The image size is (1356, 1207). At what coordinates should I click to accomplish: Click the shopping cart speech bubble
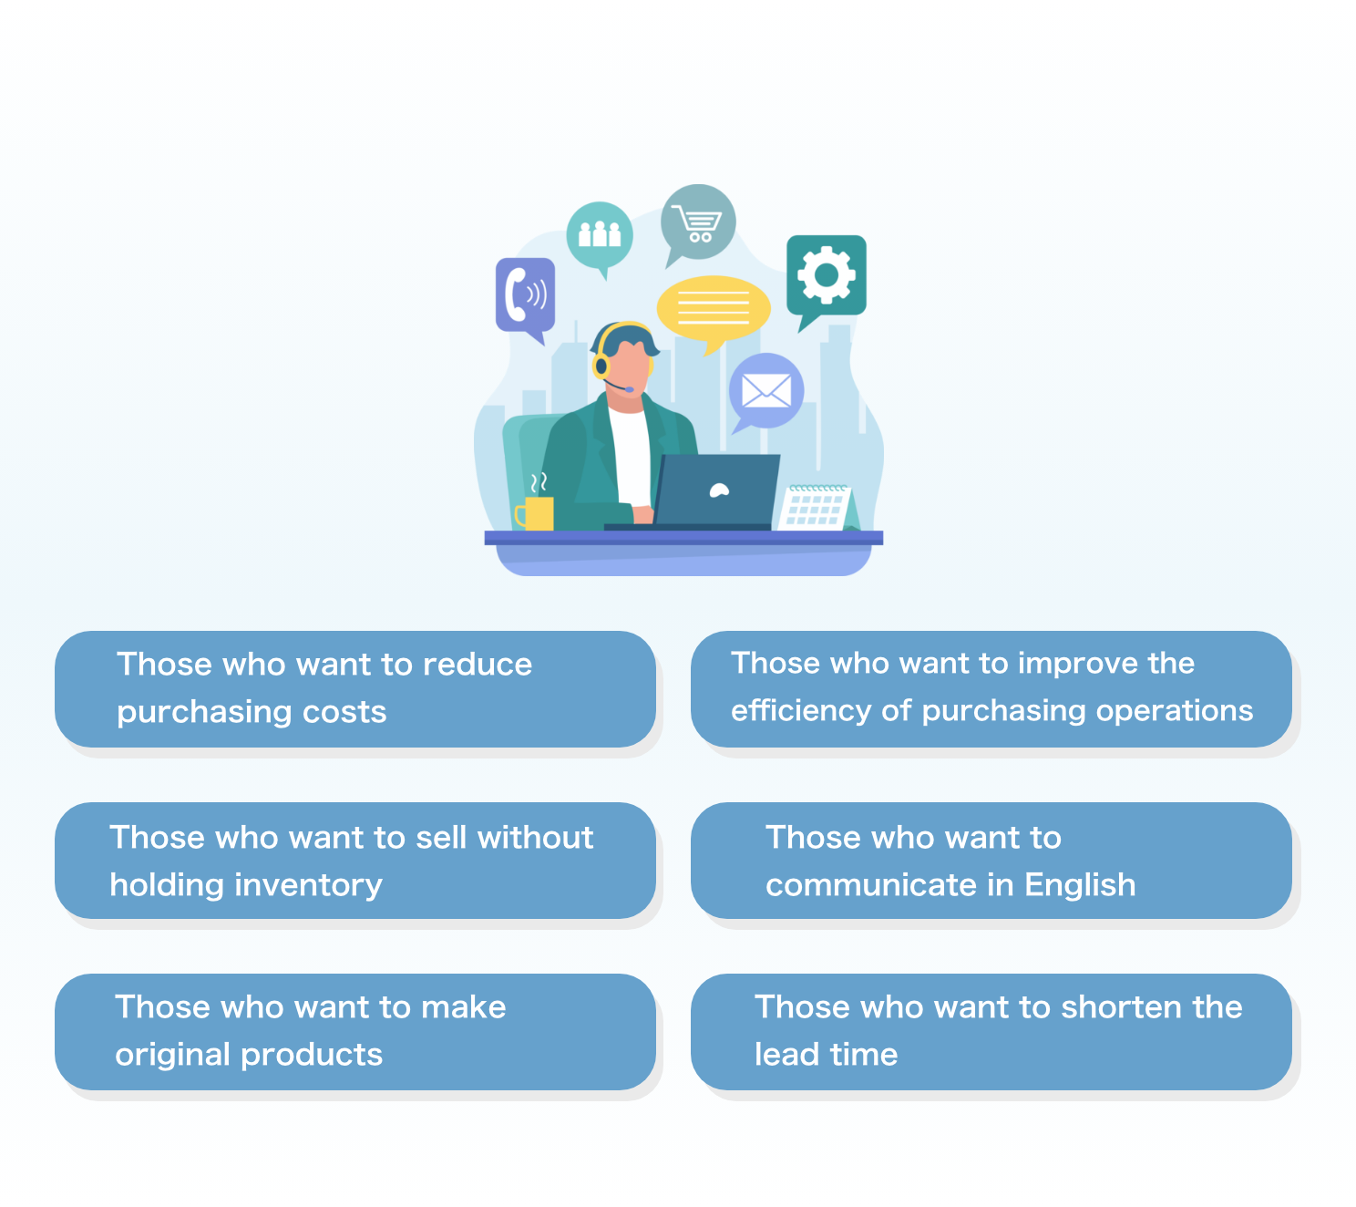tap(697, 222)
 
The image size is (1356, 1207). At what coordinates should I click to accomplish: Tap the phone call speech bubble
tap(525, 296)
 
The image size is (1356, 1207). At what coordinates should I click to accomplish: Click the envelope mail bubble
tap(765, 392)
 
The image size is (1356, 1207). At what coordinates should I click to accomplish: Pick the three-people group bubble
tap(599, 235)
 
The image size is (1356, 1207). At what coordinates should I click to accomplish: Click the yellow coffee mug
tap(536, 513)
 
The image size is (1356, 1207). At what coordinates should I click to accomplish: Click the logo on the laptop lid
tap(719, 490)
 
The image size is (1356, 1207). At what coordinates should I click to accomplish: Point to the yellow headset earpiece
tap(601, 366)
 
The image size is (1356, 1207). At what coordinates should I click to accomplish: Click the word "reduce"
tap(478, 665)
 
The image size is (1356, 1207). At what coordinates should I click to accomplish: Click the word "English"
tap(1080, 886)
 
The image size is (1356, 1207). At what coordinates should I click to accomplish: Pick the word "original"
tap(172, 1055)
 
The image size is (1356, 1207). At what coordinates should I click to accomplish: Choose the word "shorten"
tap(1113, 1006)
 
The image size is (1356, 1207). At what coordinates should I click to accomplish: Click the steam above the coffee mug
tap(538, 483)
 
